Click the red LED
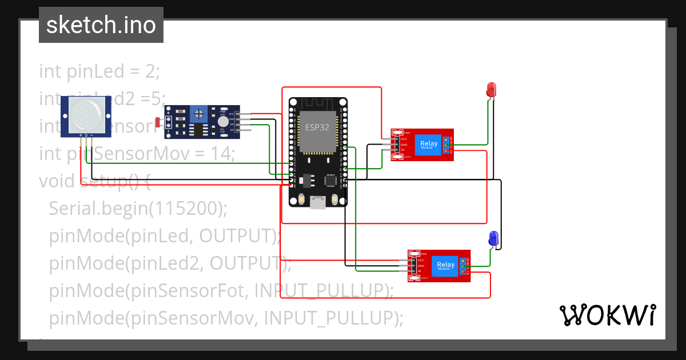491,89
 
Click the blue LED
493,238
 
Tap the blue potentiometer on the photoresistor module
198,113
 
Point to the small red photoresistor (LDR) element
158,122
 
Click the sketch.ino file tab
101,25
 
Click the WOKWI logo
607,315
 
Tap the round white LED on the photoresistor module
222,122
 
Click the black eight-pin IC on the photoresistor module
198,130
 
